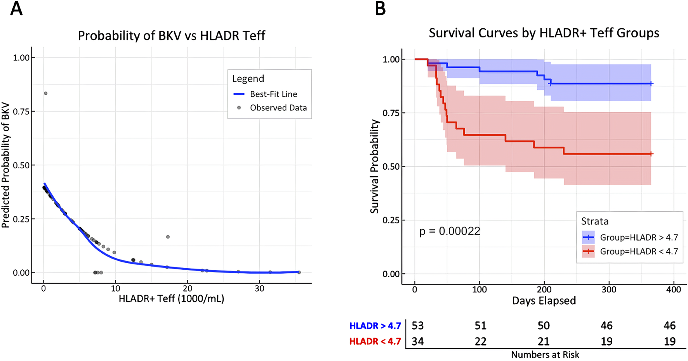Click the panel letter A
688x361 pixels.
tap(16, 9)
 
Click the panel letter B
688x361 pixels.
tap(380, 9)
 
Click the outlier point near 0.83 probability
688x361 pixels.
tap(46, 93)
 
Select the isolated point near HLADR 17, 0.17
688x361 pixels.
tap(168, 237)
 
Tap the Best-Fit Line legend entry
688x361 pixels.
tap(273, 94)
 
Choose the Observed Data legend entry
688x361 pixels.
tap(278, 108)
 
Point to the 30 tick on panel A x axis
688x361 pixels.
tap(259, 289)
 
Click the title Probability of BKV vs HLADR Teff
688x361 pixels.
tap(172, 36)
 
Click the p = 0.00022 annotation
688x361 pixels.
tap(450, 231)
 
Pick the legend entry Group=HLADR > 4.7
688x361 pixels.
tap(639, 238)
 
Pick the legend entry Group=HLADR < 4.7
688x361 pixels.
tap(639, 252)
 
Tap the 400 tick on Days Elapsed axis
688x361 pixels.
tap(674, 290)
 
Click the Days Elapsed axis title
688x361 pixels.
tap(544, 301)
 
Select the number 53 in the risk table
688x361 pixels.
tap(418, 326)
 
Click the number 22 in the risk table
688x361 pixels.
tap(480, 342)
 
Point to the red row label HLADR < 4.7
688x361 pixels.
tap(375, 342)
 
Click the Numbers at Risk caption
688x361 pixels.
tap(545, 355)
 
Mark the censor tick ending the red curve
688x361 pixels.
tap(651, 154)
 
